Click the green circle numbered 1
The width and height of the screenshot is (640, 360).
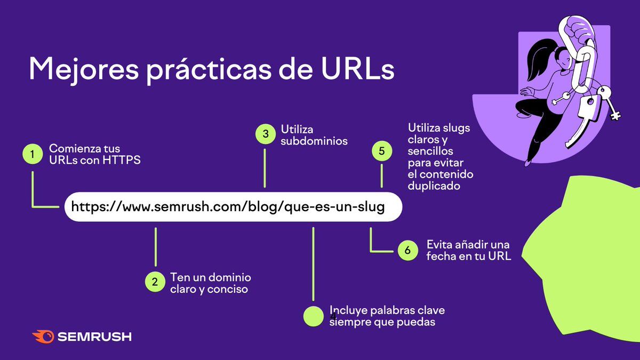pos(33,154)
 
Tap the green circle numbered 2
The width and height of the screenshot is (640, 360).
pos(155,282)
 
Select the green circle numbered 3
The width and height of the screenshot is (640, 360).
pos(266,134)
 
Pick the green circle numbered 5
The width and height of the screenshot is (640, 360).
pos(382,151)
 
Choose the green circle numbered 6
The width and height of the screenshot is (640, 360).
pos(407,250)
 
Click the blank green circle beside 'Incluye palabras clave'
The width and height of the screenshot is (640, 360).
pos(314,316)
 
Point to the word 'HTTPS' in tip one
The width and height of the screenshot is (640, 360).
pos(122,160)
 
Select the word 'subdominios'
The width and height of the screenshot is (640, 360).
pos(314,141)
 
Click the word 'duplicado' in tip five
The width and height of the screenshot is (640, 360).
pos(434,186)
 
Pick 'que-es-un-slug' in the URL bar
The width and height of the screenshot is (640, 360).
pos(334,207)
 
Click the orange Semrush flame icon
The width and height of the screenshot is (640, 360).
pos(43,337)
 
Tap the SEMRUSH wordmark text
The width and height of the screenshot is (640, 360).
pos(94,337)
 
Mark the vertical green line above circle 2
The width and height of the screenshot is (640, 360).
pos(156,247)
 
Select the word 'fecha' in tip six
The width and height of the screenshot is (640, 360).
pos(441,256)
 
